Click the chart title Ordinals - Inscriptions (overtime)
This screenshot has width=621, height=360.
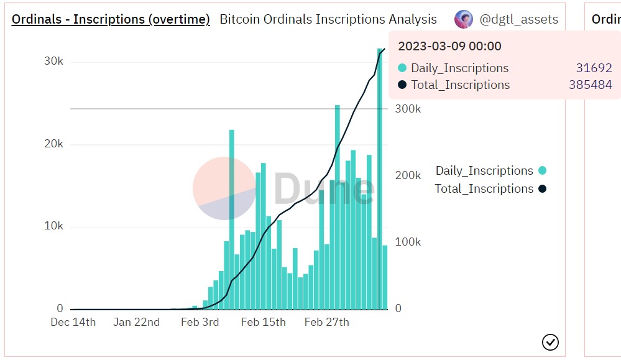click(111, 19)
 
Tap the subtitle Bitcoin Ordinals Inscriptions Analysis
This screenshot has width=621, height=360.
click(328, 19)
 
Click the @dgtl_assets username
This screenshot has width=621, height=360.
click(518, 19)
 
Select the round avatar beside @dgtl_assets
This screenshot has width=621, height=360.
click(464, 19)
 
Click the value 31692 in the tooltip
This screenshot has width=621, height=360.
click(594, 68)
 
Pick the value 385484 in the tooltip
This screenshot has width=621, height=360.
click(590, 85)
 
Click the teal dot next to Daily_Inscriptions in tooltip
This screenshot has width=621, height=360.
click(402, 68)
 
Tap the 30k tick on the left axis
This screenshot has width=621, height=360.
click(53, 61)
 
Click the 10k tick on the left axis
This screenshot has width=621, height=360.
click(53, 226)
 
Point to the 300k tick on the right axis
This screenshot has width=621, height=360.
click(408, 109)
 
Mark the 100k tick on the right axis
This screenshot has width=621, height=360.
click(408, 242)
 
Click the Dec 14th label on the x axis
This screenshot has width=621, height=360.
click(73, 322)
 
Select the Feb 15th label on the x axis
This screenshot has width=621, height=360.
click(264, 322)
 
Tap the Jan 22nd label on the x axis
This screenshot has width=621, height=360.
click(137, 322)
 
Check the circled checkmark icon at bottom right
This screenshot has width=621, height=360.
click(551, 342)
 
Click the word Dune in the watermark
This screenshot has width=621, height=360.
click(323, 188)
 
